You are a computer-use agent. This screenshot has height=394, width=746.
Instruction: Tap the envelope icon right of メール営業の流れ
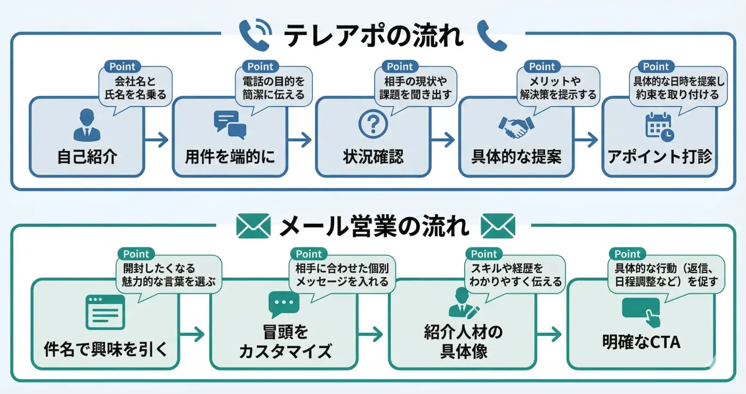point(497,226)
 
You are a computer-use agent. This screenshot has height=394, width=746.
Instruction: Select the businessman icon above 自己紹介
point(86,125)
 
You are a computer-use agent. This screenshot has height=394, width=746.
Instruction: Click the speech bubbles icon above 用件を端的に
point(230,125)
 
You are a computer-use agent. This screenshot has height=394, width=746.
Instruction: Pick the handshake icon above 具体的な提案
point(516,126)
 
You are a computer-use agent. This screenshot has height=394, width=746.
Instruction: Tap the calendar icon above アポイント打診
point(659,126)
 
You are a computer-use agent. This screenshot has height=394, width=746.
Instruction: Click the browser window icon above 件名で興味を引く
point(105,312)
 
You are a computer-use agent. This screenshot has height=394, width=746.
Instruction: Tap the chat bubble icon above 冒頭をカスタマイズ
point(284,304)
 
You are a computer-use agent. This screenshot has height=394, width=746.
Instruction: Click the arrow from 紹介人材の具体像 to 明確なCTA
point(551,334)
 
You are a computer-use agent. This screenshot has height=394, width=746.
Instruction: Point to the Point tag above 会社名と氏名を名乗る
point(123,67)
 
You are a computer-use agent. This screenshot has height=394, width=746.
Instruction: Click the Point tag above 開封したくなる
point(136,254)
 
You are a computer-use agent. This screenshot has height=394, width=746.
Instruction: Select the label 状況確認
point(372,157)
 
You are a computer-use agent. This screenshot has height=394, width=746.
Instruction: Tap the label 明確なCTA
point(642,342)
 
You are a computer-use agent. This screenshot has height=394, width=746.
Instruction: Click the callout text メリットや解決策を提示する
point(555,88)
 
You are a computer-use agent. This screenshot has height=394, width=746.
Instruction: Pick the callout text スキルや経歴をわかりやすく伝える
point(514,275)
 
